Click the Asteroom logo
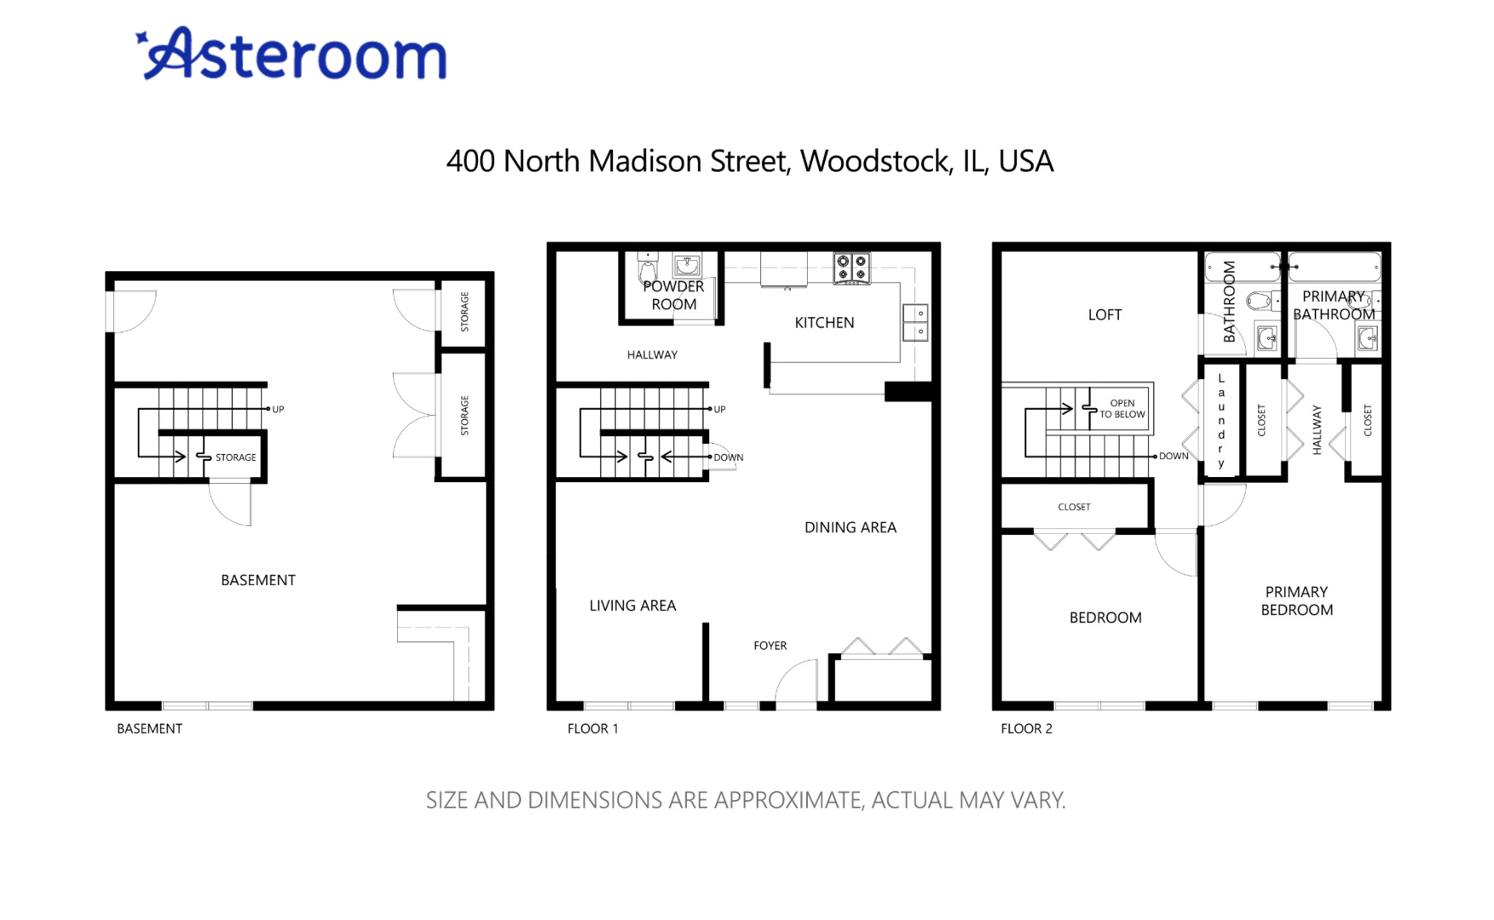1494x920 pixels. click(291, 54)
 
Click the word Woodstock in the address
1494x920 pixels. click(875, 161)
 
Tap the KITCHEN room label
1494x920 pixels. click(823, 323)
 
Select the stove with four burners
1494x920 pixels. click(851, 267)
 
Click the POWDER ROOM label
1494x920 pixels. click(673, 296)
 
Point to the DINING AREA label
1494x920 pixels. click(850, 527)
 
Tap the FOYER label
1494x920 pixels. click(770, 646)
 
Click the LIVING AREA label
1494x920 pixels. click(632, 606)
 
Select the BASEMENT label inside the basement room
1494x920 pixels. click(257, 580)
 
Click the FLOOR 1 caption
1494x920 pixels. click(592, 728)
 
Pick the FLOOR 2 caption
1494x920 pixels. click(1026, 728)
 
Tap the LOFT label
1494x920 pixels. click(1105, 315)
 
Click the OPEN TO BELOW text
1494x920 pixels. click(1122, 409)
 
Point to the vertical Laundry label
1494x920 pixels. click(1220, 420)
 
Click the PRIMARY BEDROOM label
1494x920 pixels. click(1296, 601)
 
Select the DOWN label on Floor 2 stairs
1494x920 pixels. click(1173, 457)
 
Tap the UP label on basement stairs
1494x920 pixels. click(278, 410)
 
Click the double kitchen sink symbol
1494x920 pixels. click(915, 322)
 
